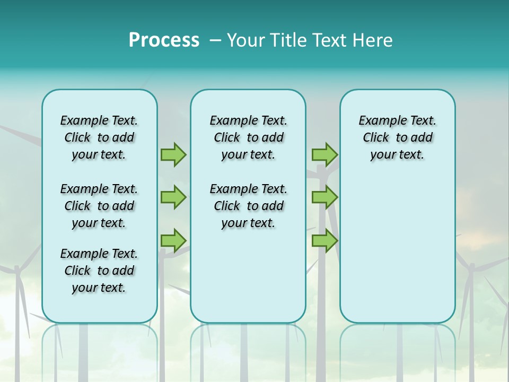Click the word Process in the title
tap(164, 40)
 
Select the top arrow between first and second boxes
tap(173, 154)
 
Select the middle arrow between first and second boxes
tap(173, 197)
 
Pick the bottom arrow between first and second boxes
tap(173, 240)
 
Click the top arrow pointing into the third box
tap(324, 154)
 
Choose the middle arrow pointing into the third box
tap(324, 197)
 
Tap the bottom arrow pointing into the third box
tap(324, 240)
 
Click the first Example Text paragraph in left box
tap(99, 137)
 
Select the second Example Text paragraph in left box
tap(99, 206)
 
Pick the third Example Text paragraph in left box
tap(99, 271)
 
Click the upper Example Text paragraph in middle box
tap(248, 137)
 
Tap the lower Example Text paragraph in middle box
tap(248, 206)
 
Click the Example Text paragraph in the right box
tap(397, 137)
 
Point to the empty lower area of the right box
tap(397, 249)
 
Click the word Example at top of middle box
tap(230, 120)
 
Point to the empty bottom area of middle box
tap(248, 281)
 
